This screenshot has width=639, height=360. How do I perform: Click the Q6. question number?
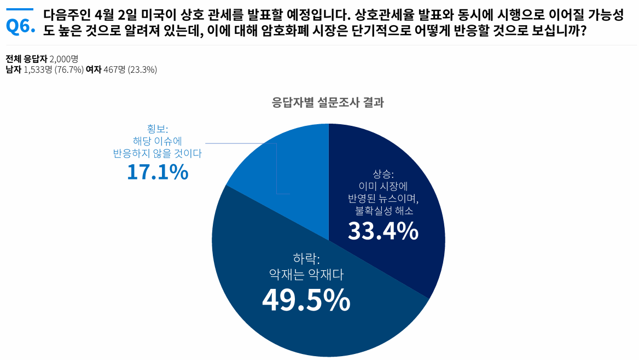pos(20,26)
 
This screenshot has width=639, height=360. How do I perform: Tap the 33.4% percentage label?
pos(383,232)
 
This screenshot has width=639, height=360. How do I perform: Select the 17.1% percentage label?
pos(158,172)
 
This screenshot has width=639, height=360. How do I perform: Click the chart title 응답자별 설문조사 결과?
pos(328,102)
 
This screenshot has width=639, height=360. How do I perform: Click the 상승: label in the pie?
pos(383,174)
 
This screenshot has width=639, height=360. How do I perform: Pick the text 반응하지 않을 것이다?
pos(158,154)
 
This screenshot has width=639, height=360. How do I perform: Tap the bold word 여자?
pos(94,69)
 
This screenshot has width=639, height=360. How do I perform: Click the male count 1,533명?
pos(38,69)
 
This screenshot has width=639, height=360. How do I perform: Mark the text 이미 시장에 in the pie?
pos(383,186)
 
